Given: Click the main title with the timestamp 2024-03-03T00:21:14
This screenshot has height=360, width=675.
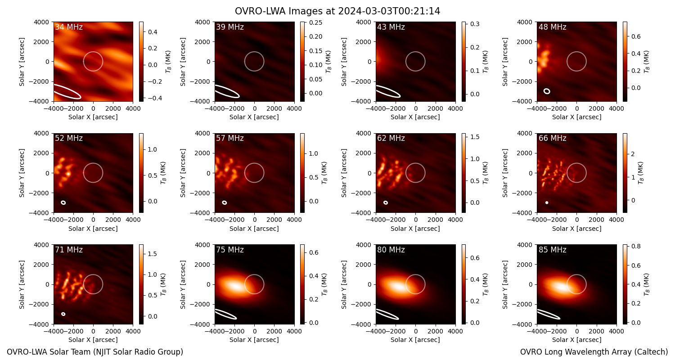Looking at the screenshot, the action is (337, 11).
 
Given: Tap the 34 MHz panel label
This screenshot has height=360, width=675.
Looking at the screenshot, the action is (69, 27).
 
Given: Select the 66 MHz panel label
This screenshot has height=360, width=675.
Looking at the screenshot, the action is (552, 138).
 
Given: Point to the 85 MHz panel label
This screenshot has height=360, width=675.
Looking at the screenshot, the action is (552, 250).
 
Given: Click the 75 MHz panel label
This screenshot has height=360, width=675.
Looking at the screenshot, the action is (230, 250).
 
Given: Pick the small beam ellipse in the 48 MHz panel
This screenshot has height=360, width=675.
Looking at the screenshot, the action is (547, 91).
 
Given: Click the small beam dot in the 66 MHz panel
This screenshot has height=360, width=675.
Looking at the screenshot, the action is (547, 203).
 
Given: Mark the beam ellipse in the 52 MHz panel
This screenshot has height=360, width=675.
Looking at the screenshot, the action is (63, 203).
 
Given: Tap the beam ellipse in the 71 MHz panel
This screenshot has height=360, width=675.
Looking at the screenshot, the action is (63, 314).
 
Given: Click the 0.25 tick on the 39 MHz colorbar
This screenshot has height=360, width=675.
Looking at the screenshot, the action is (315, 22).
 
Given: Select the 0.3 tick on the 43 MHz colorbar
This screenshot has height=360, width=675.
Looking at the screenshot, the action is (475, 24).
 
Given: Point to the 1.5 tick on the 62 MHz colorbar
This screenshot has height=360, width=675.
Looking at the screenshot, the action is (475, 137).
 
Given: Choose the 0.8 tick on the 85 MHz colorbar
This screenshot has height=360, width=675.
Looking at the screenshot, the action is (636, 246).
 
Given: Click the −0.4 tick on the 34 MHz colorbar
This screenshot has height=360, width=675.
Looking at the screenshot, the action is (154, 98).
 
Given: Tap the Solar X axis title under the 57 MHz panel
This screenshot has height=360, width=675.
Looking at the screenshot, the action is (254, 229).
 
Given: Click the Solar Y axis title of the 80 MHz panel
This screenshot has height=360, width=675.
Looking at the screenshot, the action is (344, 285).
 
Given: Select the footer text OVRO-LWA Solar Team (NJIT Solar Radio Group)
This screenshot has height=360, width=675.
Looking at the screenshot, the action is (95, 352).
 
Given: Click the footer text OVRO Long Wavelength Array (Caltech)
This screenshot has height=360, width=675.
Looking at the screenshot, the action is (594, 352).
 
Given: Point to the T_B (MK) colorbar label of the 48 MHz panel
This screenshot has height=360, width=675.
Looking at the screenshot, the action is (647, 62).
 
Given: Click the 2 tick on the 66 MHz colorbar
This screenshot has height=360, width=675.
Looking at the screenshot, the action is (633, 154).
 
